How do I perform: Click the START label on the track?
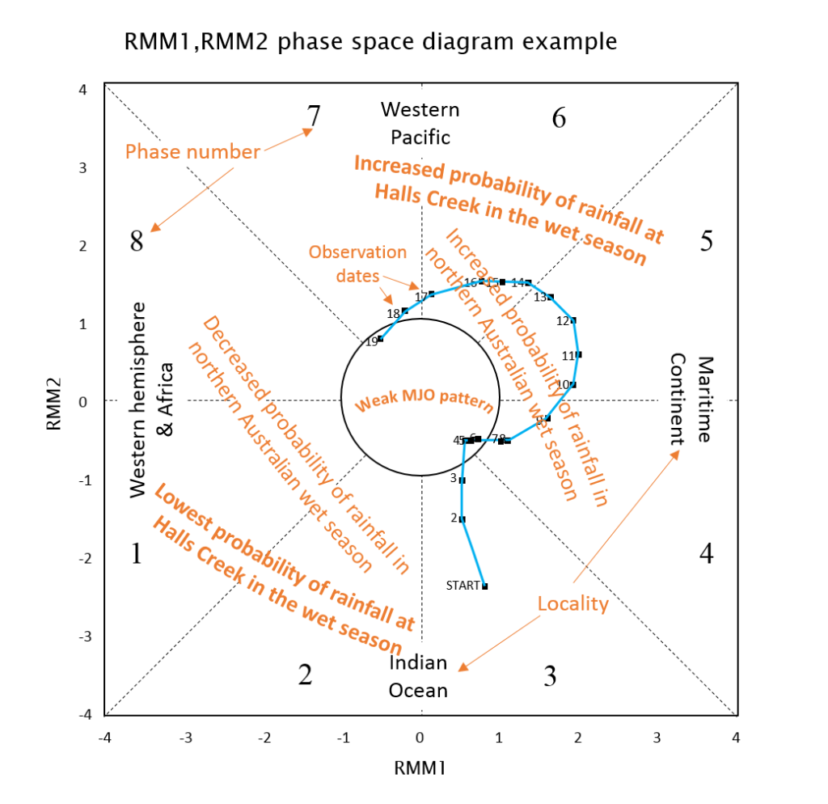pos(463,585)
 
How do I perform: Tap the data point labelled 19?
pos(380,339)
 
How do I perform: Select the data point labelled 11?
pos(578,354)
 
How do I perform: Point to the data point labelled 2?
pos(462,519)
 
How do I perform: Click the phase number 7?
pos(314,116)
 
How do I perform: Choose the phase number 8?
pos(137,240)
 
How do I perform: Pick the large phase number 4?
pos(706,554)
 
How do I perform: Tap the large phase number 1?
pos(137,554)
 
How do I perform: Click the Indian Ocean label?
pos(418,676)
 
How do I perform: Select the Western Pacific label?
pos(420,123)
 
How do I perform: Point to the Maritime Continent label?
pos(692,399)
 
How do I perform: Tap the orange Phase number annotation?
pos(192,151)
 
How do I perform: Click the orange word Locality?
pos(572,603)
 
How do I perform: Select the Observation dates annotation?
pos(357,264)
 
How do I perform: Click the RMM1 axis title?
pos(420,768)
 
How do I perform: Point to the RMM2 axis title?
pos(54,400)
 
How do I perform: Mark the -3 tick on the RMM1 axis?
pos(185,738)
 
